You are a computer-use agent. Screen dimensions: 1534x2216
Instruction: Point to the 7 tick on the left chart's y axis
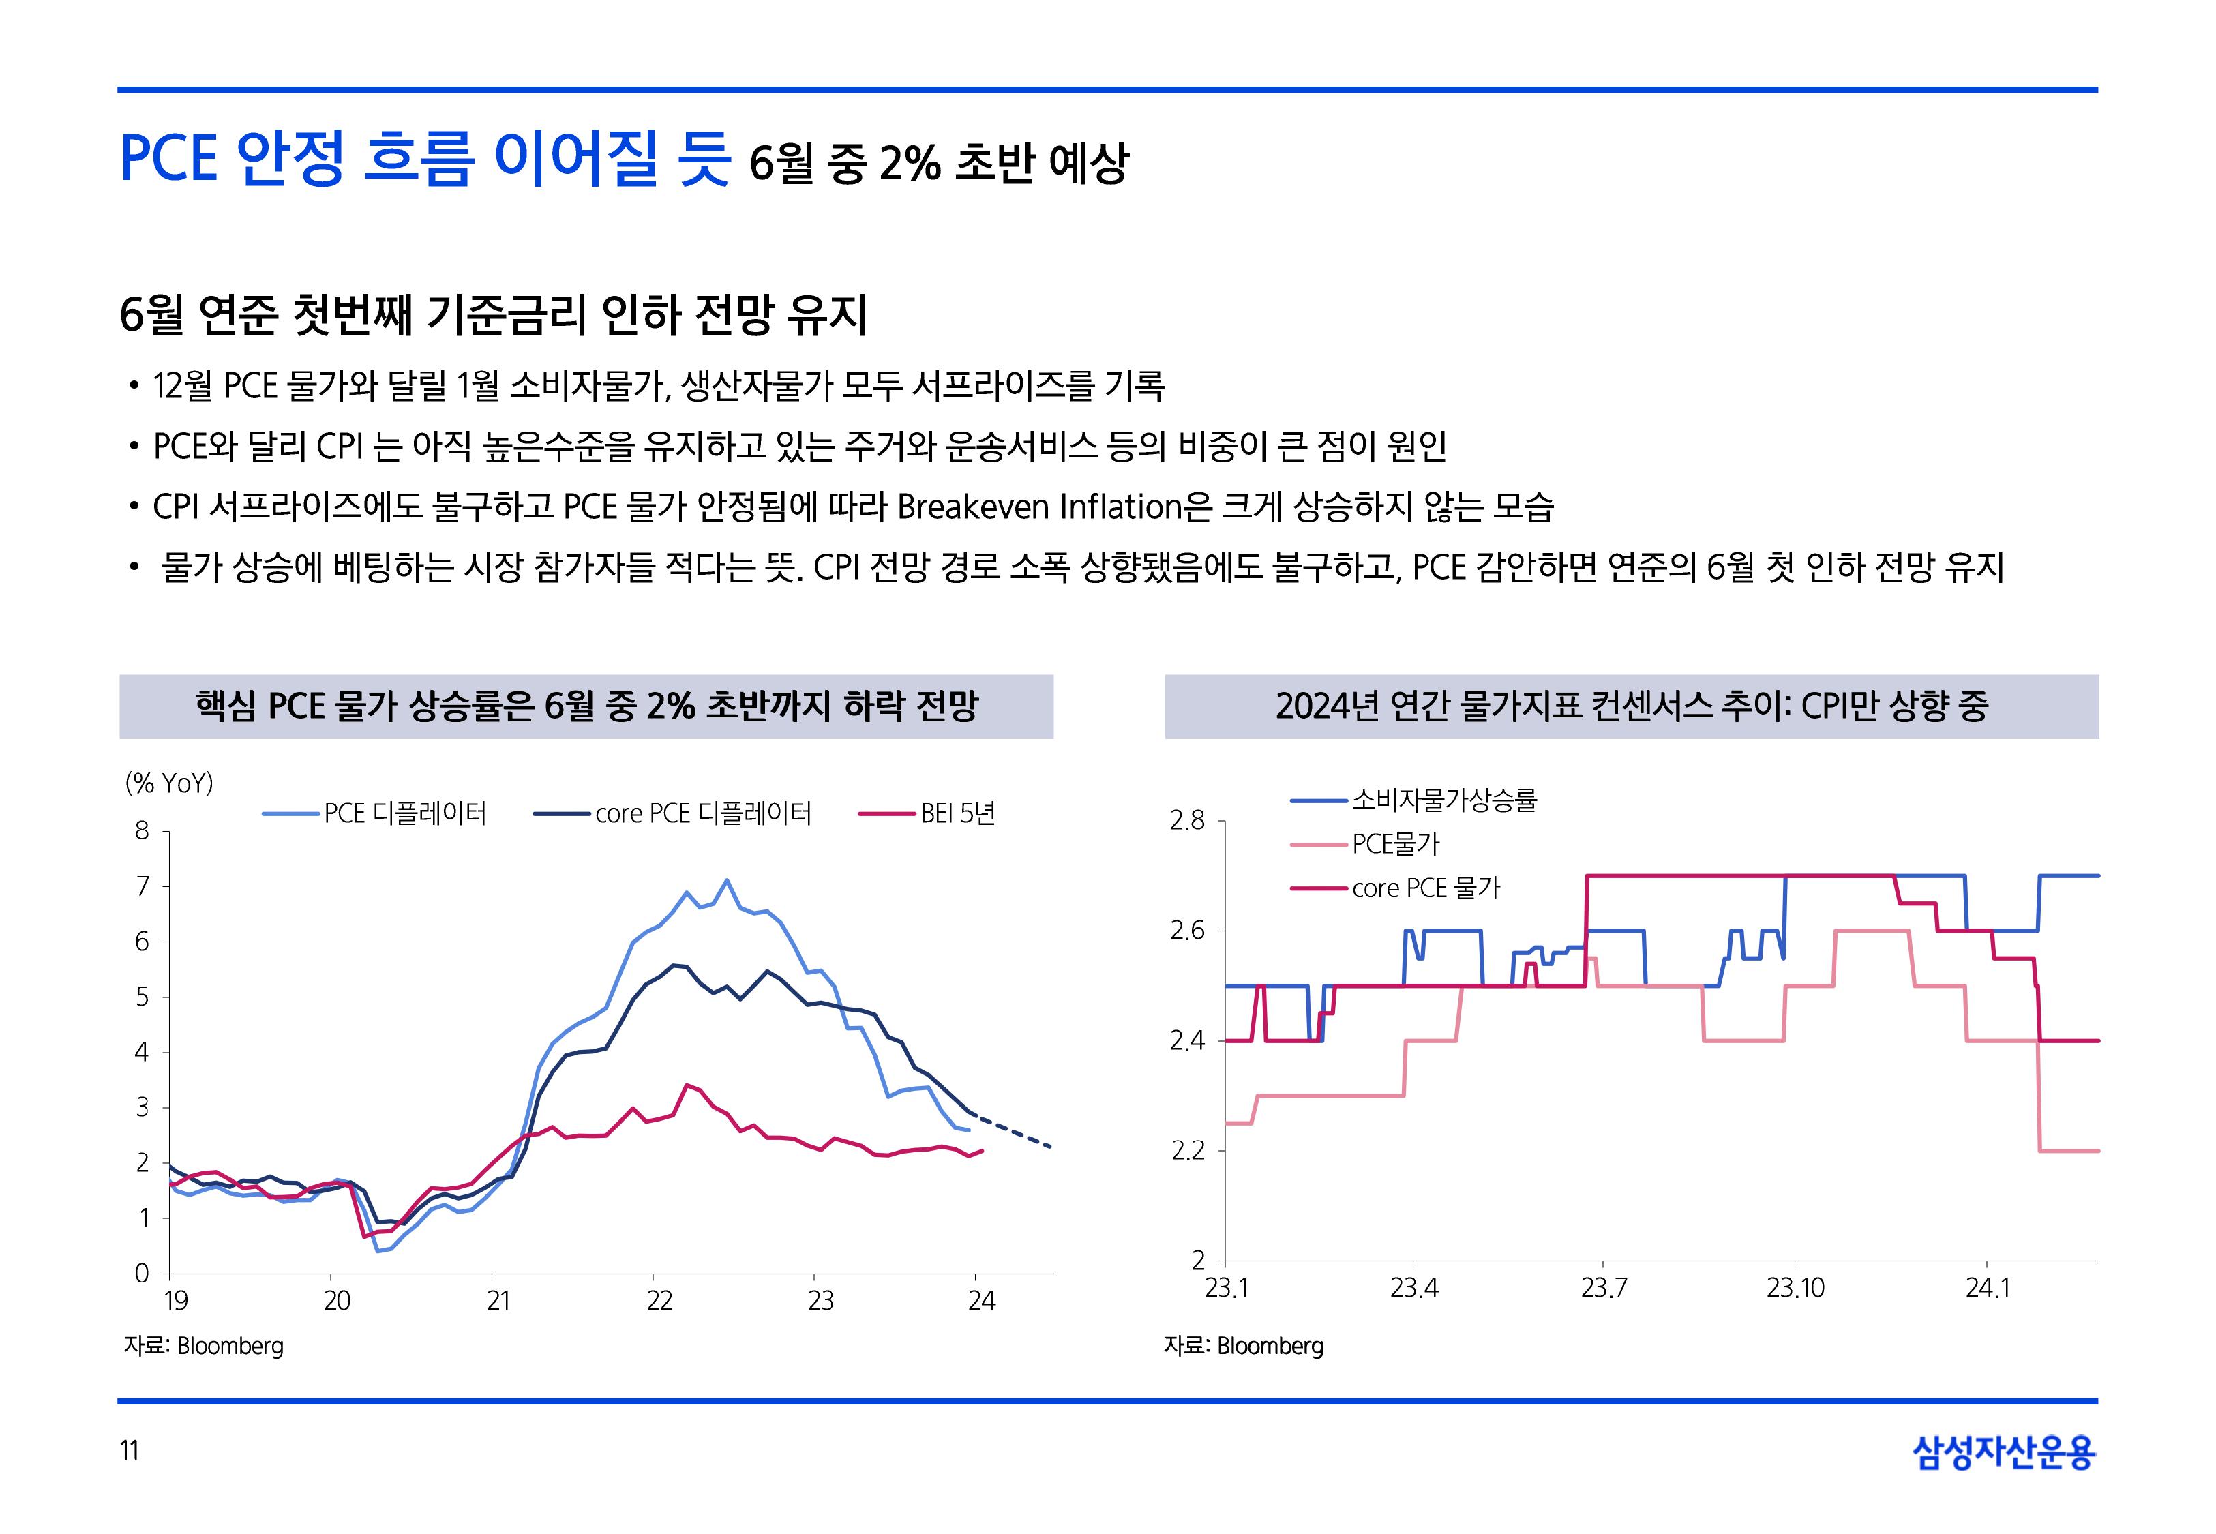point(143,886)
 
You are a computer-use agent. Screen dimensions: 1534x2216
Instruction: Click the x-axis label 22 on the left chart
point(659,1302)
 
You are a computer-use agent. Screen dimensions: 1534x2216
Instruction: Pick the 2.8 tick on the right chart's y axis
point(1187,821)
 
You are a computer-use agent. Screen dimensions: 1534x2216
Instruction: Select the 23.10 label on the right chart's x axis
point(1794,1288)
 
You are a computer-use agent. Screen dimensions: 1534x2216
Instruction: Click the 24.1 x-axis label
point(1986,1288)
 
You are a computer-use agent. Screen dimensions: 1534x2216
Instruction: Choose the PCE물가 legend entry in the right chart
point(1395,844)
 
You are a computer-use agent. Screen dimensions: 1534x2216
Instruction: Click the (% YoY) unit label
point(169,783)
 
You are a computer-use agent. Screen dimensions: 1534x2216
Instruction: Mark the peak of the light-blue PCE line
point(726,879)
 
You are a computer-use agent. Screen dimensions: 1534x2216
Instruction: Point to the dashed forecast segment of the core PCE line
point(1014,1130)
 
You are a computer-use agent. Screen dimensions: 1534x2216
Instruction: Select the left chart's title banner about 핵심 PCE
point(586,706)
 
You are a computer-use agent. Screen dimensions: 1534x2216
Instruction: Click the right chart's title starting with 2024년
point(1631,706)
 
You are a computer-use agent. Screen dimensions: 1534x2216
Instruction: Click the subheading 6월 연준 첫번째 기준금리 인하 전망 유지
point(493,314)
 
